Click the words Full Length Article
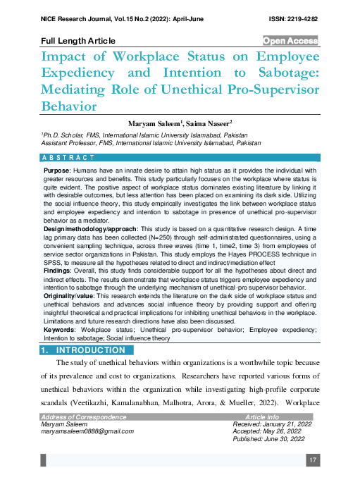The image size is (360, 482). click(78, 42)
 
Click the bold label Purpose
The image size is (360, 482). click(56, 171)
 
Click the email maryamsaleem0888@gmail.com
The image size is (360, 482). click(87, 430)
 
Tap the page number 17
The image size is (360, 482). click(313, 460)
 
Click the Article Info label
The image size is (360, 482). click(261, 417)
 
